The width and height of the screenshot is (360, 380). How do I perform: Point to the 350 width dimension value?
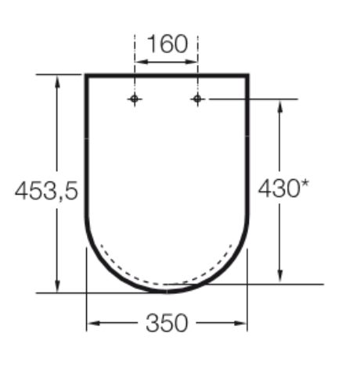tap(167, 323)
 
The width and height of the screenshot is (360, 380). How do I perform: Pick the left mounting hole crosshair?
tap(135, 99)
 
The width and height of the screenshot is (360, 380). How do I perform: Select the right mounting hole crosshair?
tap(197, 99)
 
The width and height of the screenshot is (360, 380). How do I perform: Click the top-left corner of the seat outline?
tap(86, 76)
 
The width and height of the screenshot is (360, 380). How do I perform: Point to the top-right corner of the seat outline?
tap(248, 76)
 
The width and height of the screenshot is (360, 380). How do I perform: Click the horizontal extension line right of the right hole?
tap(250, 99)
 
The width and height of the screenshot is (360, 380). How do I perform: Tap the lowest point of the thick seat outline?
tap(167, 291)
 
